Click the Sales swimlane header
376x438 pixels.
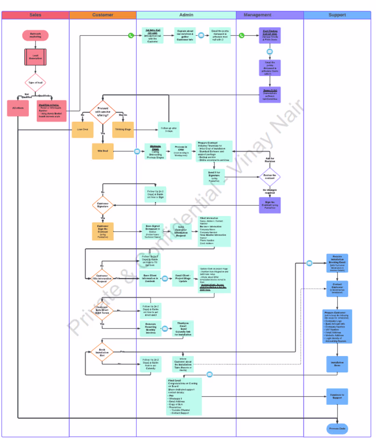(35, 15)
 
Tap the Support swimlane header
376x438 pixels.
(337, 15)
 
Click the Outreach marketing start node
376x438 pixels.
(35, 35)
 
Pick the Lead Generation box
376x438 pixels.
(35, 57)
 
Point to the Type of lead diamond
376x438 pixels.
(35, 83)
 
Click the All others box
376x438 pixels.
(18, 108)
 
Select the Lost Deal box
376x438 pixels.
(82, 129)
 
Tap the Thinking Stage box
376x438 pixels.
(123, 129)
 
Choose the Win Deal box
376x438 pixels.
(103, 151)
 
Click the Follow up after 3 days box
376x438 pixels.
(169, 129)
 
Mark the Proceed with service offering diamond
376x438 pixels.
(103, 112)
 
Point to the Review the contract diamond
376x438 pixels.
(270, 177)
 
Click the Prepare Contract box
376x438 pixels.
(214, 151)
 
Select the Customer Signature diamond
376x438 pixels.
(103, 205)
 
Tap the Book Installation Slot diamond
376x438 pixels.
(102, 352)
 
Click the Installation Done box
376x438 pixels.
(337, 364)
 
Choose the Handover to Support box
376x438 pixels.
(337, 396)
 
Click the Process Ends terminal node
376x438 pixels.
(337, 428)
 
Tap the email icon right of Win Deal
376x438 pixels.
(137, 151)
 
